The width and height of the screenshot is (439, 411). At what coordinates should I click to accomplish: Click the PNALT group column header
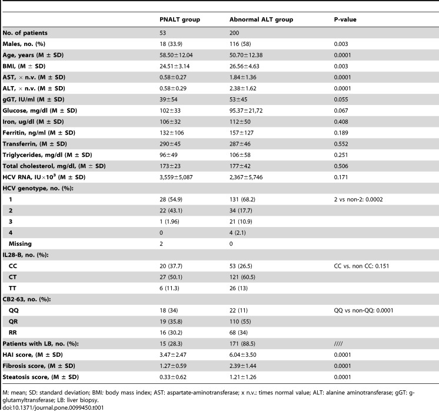[x=179, y=19]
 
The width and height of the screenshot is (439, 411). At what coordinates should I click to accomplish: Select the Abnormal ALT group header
[x=261, y=19]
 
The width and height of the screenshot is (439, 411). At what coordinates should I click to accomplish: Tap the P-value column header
[x=345, y=19]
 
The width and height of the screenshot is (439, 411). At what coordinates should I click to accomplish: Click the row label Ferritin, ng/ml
[x=39, y=133]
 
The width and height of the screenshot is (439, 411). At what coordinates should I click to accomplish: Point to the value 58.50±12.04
[x=176, y=55]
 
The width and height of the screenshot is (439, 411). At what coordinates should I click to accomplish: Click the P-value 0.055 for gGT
[x=341, y=100]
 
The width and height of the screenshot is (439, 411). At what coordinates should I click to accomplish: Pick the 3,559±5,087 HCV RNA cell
[x=176, y=177]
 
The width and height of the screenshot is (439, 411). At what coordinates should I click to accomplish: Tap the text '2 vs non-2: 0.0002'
[x=358, y=199]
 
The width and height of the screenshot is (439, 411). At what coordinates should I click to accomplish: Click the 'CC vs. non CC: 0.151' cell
[x=361, y=266]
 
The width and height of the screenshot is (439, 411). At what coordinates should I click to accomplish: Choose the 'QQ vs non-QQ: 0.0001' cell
[x=364, y=311]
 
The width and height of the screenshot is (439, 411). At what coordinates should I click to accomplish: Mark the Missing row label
[x=20, y=244]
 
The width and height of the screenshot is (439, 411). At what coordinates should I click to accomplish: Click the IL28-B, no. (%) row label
[x=25, y=255]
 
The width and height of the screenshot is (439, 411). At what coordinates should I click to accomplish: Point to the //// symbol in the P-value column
[x=338, y=344]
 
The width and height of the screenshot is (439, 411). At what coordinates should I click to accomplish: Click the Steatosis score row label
[x=41, y=377]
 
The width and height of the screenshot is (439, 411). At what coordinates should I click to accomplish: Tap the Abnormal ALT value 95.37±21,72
[x=246, y=110]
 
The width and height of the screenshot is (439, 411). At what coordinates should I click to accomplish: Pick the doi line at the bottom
[x=53, y=407]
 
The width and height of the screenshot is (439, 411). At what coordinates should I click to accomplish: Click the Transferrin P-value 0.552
[x=341, y=144]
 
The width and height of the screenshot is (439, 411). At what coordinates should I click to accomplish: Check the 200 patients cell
[x=234, y=33]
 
